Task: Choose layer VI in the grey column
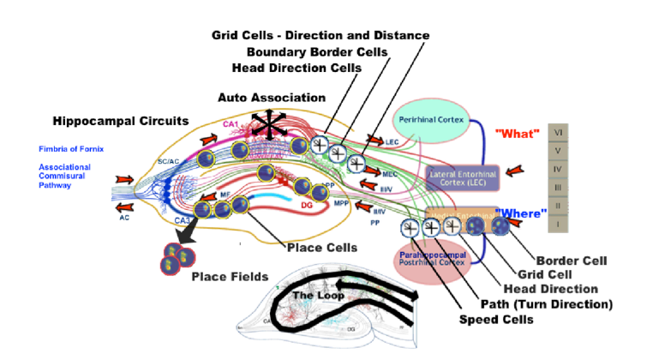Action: tap(559, 132)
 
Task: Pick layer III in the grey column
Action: tap(559, 188)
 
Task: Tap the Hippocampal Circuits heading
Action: tap(119, 121)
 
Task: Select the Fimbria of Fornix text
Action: tap(72, 149)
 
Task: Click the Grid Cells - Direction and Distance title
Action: tap(321, 34)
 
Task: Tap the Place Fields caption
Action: tap(229, 276)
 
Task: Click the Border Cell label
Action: tap(571, 260)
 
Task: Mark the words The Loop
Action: tap(318, 296)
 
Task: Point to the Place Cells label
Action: tap(321, 249)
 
